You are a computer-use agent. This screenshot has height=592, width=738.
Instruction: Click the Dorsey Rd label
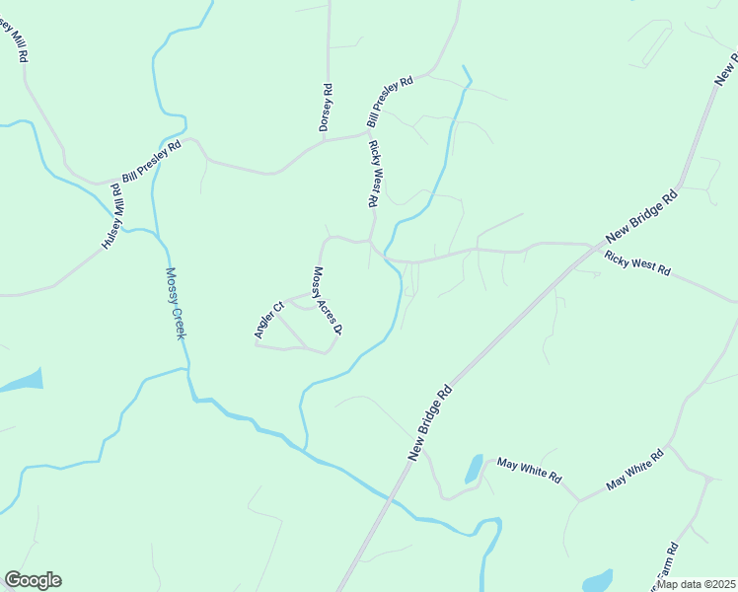pyautogui.click(x=325, y=108)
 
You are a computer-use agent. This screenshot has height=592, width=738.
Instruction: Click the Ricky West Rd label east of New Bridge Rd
pyautogui.click(x=637, y=263)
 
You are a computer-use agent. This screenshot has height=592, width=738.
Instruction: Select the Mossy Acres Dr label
pyautogui.click(x=327, y=301)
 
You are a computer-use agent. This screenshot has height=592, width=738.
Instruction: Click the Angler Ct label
pyautogui.click(x=268, y=320)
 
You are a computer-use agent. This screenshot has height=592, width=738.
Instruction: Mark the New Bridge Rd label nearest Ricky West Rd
pyautogui.click(x=643, y=216)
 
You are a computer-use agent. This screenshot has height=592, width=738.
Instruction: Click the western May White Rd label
pyautogui.click(x=529, y=470)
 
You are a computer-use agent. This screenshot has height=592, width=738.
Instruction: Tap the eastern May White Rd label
pyautogui.click(x=635, y=470)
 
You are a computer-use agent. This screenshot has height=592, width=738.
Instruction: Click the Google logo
pyautogui.click(x=33, y=580)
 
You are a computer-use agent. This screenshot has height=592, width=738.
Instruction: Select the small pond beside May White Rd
pyautogui.click(x=475, y=468)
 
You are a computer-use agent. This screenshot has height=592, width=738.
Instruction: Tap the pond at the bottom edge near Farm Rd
pyautogui.click(x=597, y=580)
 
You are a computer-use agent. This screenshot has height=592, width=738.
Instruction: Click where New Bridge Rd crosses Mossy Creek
pyautogui.click(x=395, y=498)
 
